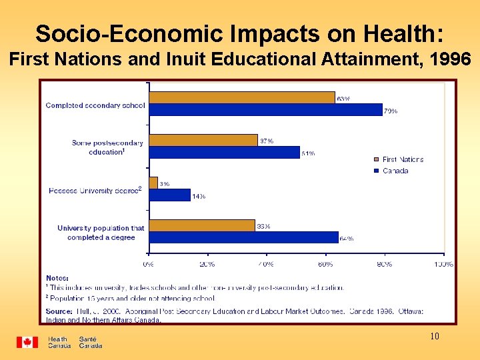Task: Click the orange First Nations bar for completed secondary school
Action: (241, 97)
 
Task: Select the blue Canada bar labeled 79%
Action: (265, 110)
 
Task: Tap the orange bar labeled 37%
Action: (203, 140)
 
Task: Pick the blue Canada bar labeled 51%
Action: (224, 153)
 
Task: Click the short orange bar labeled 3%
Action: (153, 183)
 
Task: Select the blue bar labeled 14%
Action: (169, 195)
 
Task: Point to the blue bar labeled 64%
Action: (243, 237)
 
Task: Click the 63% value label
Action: (343, 99)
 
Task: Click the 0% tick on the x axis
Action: (149, 264)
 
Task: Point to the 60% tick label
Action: (325, 264)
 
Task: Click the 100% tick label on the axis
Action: (443, 264)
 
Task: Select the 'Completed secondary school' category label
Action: (95, 105)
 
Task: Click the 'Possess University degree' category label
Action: (95, 191)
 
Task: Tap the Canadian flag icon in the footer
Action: (27, 342)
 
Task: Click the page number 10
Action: (434, 337)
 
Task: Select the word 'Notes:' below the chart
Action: (57, 278)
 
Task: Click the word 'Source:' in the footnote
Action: (59, 311)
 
